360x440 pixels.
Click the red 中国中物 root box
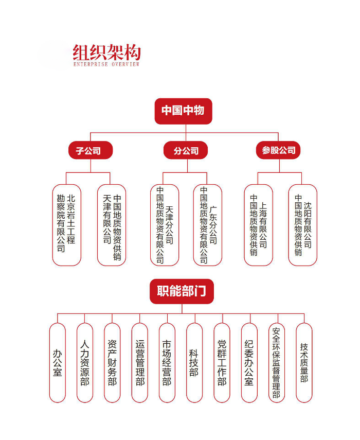184,111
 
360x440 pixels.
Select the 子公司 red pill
91,150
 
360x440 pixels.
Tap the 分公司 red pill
186,150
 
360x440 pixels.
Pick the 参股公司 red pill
278,150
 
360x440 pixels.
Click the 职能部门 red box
182,291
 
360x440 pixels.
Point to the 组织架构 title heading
107,52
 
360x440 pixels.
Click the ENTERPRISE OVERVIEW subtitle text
106,64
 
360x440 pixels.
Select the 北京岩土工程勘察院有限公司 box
67,225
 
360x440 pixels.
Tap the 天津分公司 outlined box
165,225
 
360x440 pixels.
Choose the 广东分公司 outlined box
208,225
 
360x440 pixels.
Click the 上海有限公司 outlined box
259,225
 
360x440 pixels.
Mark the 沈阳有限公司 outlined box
303,225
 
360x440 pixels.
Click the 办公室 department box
58,363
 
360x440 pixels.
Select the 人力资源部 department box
85,363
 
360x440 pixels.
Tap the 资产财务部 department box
112,363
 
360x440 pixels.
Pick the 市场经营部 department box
167,363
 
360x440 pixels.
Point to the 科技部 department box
194,363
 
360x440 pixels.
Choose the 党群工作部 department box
222,363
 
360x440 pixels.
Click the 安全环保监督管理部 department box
277,363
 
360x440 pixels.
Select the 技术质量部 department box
304,363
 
